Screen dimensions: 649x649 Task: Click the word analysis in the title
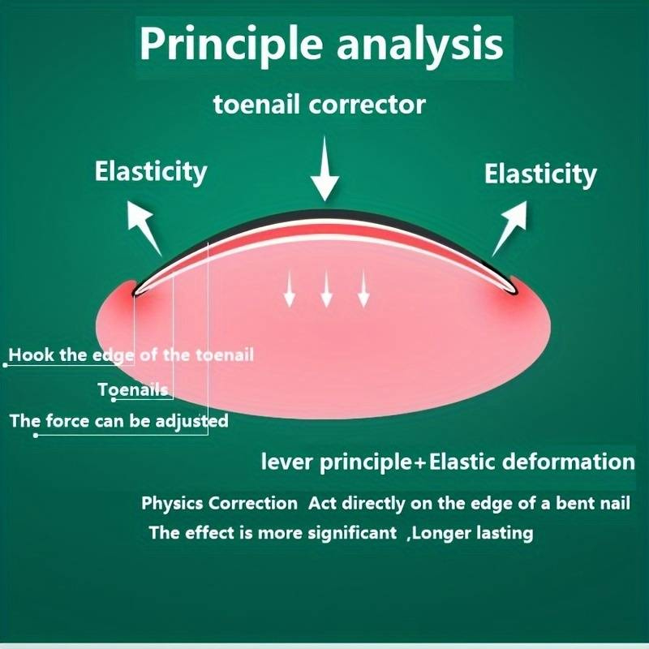(419, 45)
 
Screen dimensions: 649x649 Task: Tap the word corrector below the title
(367, 105)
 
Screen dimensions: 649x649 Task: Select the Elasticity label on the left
(151, 172)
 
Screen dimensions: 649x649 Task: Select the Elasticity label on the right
(540, 174)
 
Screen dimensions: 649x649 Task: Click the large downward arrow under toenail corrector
(325, 169)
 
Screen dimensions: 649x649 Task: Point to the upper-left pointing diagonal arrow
(144, 227)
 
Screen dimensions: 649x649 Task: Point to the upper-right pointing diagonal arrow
(510, 228)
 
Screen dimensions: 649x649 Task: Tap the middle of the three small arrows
(327, 288)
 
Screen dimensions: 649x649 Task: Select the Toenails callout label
(133, 389)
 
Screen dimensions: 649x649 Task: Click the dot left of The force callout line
(36, 435)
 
